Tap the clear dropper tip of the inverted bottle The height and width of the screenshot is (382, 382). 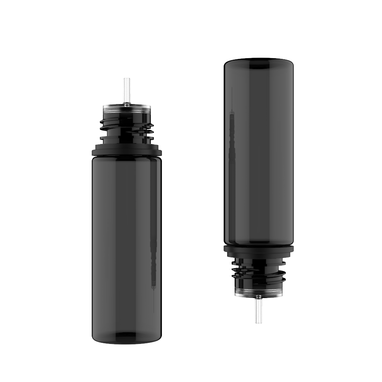258,311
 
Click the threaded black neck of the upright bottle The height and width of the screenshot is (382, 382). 127,129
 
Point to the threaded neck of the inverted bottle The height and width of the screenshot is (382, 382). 258,272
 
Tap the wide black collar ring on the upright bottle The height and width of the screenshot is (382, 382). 127,150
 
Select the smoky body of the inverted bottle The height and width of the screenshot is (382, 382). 259,157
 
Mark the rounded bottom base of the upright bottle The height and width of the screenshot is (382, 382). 127,339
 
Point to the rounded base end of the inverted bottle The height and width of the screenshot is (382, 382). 259,61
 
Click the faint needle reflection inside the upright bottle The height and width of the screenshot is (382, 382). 153,261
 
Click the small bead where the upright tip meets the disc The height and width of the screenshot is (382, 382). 127,105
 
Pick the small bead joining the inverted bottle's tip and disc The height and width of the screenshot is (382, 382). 258,297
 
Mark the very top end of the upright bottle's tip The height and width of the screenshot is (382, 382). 127,78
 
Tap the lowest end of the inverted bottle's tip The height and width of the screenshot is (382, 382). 258,323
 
